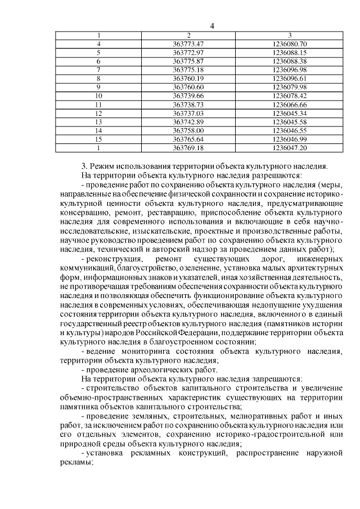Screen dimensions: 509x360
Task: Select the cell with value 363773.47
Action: tap(188, 43)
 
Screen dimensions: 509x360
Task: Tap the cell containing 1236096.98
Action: tap(289, 69)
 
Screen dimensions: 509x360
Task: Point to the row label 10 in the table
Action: tap(99, 96)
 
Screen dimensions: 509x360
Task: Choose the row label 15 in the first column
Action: tap(99, 139)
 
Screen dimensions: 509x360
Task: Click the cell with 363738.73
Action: tap(188, 104)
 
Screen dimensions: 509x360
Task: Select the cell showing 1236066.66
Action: tap(289, 104)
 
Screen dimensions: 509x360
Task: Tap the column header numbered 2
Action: tap(188, 35)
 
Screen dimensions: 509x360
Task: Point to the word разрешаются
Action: tap(274, 175)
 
